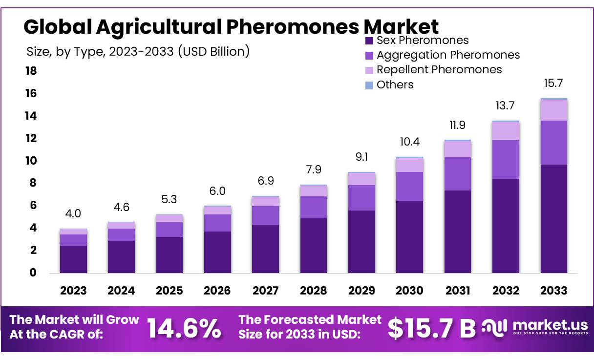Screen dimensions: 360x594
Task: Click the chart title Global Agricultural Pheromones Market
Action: (x=231, y=26)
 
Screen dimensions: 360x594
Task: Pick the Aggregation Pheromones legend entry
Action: (x=442, y=55)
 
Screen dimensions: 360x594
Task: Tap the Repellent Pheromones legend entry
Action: (x=433, y=70)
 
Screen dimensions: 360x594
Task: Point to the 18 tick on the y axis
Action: (x=30, y=71)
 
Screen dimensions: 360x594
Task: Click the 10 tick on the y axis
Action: (x=30, y=161)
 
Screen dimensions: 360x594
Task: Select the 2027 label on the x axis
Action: (x=265, y=291)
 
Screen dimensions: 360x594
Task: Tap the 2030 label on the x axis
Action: (x=409, y=291)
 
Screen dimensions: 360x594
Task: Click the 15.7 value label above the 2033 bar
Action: (x=554, y=84)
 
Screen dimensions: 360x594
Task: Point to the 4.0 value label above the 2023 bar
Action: (x=73, y=213)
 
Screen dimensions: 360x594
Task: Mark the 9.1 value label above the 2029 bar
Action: (x=361, y=157)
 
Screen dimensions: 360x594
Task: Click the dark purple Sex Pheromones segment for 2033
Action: (x=554, y=219)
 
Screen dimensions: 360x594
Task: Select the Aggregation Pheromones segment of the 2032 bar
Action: (x=506, y=159)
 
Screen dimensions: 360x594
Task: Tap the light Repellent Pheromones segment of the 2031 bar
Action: (x=458, y=149)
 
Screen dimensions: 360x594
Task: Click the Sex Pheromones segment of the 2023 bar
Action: (x=73, y=259)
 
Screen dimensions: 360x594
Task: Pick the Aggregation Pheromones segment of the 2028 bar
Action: (x=313, y=207)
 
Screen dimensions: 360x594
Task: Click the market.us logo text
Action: (x=549, y=325)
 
